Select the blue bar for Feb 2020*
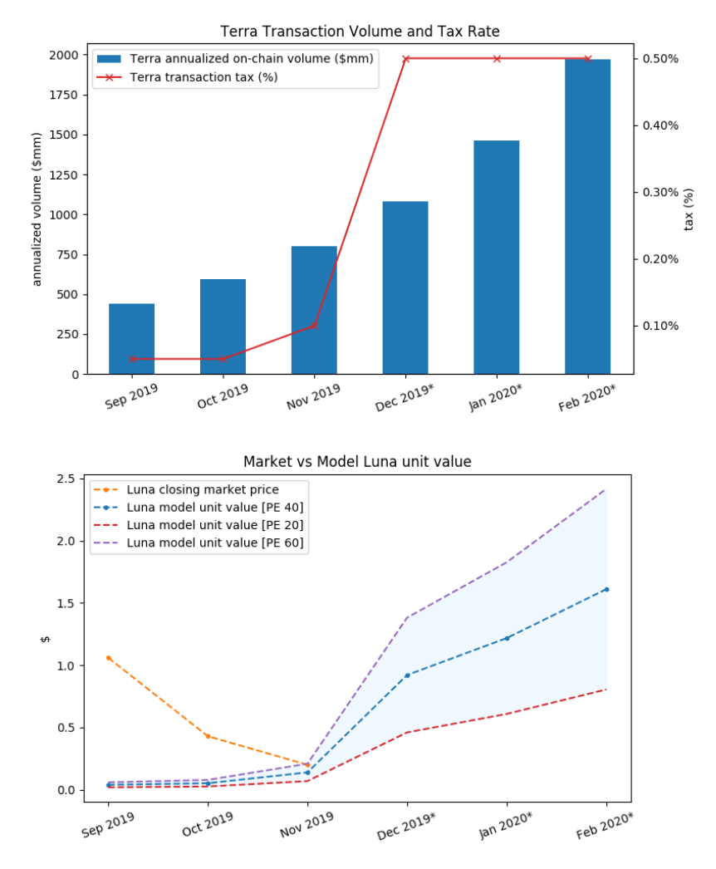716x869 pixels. [587, 216]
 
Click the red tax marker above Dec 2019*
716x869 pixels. [405, 59]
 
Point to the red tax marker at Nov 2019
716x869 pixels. [314, 326]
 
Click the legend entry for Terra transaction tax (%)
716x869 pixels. [204, 76]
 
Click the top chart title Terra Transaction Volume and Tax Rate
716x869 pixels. [360, 32]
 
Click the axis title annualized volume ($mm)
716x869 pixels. [37, 214]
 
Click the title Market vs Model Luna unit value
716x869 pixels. [357, 461]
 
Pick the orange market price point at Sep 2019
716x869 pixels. [109, 658]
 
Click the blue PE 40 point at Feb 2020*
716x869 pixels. [607, 590]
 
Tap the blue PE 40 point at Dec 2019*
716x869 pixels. [407, 675]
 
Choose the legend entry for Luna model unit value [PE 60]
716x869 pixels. [214, 543]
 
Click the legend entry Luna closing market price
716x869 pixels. [202, 489]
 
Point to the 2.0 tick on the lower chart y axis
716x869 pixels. [68, 541]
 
